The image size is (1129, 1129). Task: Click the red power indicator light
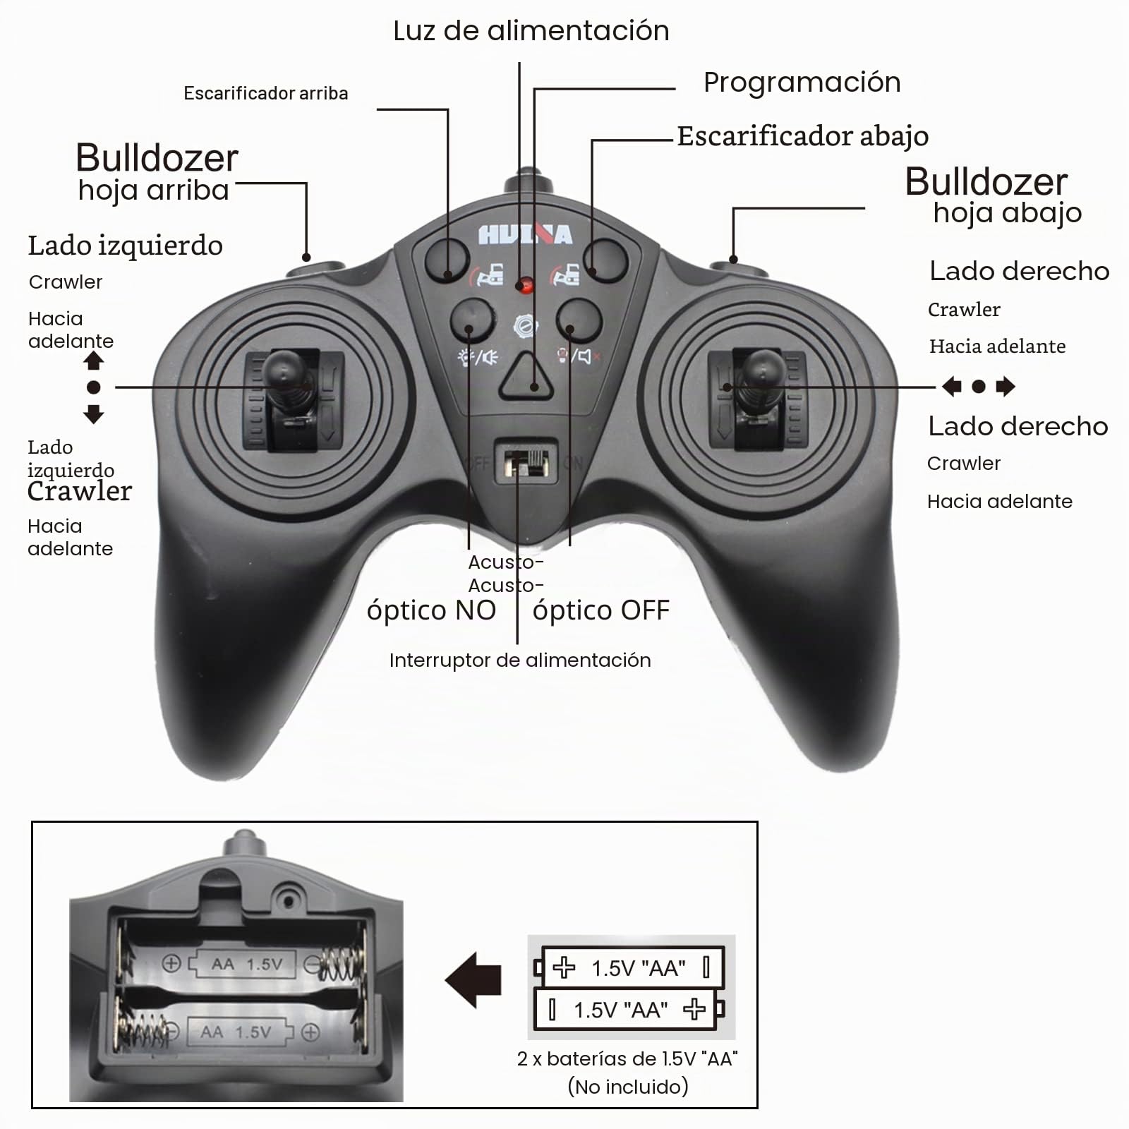pyautogui.click(x=524, y=286)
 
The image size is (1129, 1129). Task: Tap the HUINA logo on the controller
pyautogui.click(x=525, y=234)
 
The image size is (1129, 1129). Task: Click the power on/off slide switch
pyautogui.click(x=526, y=462)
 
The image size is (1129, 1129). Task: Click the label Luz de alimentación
pyautogui.click(x=531, y=31)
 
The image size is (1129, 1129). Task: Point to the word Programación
pyautogui.click(x=802, y=83)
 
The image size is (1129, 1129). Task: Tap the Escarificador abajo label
pyautogui.click(x=803, y=135)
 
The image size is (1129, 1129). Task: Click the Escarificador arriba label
pyautogui.click(x=266, y=93)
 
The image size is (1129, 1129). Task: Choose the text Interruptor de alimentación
pyautogui.click(x=520, y=660)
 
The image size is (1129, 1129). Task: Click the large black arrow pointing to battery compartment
pyautogui.click(x=473, y=980)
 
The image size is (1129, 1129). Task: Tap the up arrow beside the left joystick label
pyautogui.click(x=94, y=361)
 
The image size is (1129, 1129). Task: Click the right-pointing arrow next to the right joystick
pyautogui.click(x=1006, y=386)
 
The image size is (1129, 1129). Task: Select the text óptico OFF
pyautogui.click(x=601, y=610)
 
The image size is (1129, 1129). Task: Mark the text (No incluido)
pyautogui.click(x=628, y=1087)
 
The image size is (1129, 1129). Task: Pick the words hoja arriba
pyautogui.click(x=154, y=191)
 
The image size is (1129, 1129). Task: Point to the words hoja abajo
pyautogui.click(x=1008, y=212)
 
